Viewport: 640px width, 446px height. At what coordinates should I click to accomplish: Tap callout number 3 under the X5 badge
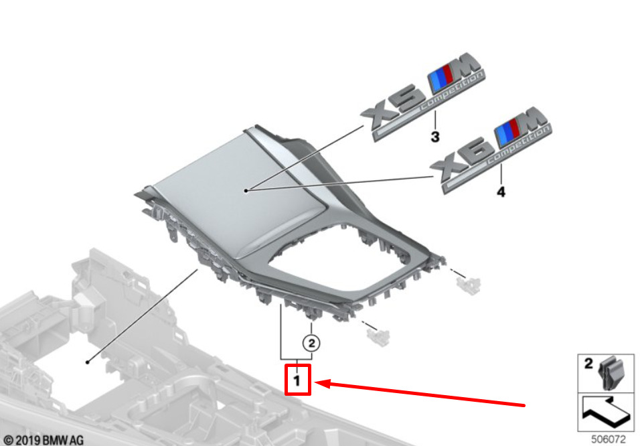tap(435, 138)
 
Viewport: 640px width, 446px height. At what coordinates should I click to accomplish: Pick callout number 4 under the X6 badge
tap(501, 192)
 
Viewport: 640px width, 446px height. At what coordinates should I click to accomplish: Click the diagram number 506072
tap(607, 439)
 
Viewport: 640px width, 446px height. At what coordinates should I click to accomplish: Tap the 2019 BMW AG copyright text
tap(44, 439)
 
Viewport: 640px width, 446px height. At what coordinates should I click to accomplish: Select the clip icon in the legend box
tap(613, 373)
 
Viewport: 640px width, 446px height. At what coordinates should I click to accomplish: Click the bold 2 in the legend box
tap(589, 364)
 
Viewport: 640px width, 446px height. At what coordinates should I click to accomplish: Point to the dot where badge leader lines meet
tap(246, 191)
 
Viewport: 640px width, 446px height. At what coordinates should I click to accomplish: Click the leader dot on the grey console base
tap(87, 362)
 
